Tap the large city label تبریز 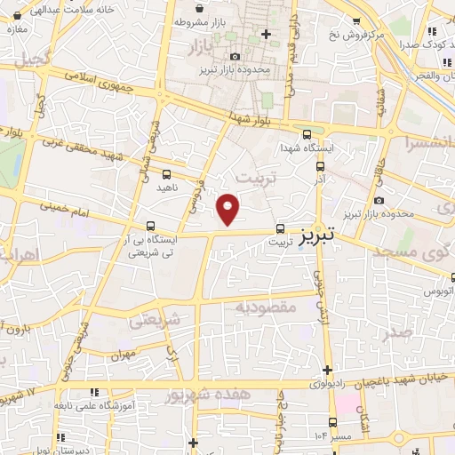tap(317, 235)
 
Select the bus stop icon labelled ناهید tap(168, 174)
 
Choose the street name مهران tap(122, 355)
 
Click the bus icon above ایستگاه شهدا tap(307, 135)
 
